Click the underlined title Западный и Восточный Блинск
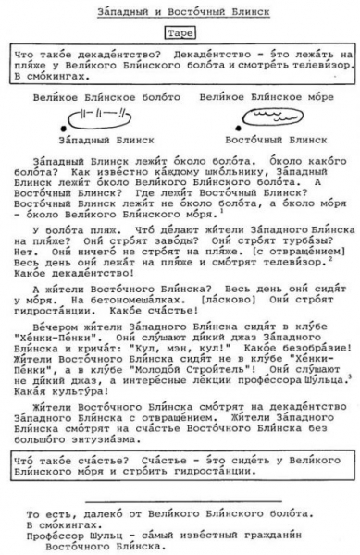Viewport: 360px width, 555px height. pyautogui.click(x=181, y=12)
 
